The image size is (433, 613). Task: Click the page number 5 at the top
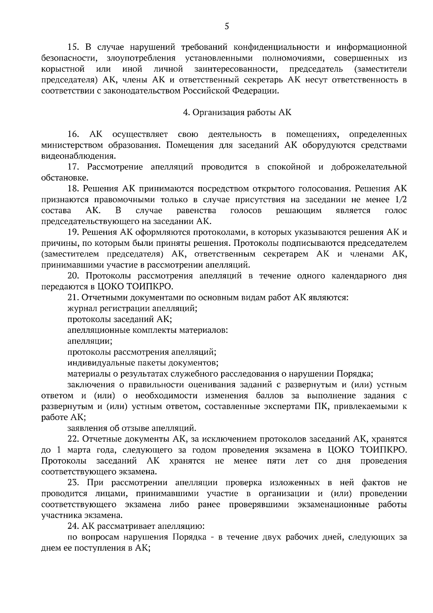[227, 26]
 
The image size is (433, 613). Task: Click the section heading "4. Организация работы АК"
[237, 112]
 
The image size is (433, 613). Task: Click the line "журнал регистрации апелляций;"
[132, 308]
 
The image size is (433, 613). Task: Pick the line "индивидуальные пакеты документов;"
[143, 362]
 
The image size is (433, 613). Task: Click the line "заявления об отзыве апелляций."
[132, 428]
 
